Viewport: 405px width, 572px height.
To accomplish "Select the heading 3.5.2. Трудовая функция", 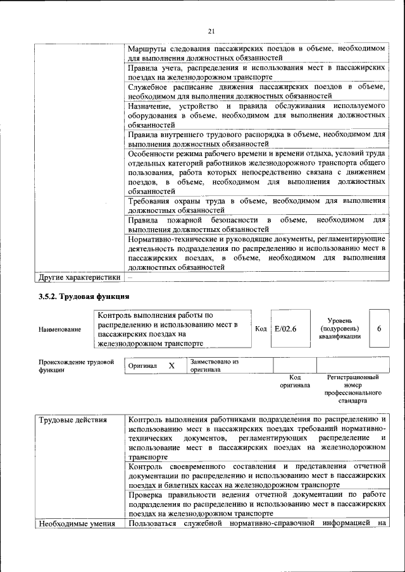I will (x=84, y=296).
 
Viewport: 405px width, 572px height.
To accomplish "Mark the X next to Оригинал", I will (x=171, y=366).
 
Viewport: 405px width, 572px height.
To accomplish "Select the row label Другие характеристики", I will (x=79, y=277).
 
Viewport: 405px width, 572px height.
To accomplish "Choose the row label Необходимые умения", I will (x=77, y=523).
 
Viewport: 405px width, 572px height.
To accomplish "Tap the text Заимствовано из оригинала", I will (x=213, y=365).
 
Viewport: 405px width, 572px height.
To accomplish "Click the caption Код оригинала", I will (x=294, y=381).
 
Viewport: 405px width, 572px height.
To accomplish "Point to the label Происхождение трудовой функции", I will (x=76, y=366).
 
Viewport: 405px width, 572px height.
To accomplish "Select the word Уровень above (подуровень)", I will (x=344, y=320).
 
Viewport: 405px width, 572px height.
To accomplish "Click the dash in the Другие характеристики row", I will (x=130, y=277).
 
